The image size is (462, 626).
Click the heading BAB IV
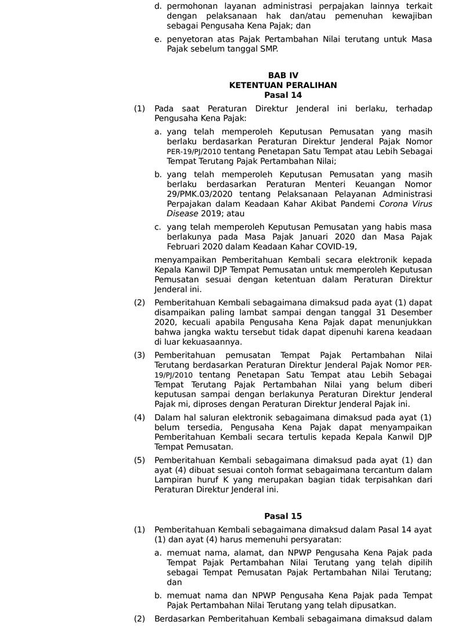tap(283, 75)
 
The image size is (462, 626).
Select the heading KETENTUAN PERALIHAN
tap(283, 85)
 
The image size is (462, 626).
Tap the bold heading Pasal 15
tap(283, 516)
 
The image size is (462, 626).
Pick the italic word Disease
tap(182, 214)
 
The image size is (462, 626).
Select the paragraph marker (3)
tap(139, 355)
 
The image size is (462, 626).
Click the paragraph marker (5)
tap(139, 460)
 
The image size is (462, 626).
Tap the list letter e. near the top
tap(158, 39)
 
